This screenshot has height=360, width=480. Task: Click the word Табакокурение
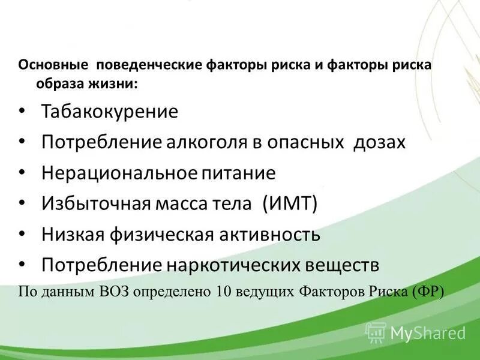[x=109, y=112]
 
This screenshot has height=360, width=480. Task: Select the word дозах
[x=379, y=143]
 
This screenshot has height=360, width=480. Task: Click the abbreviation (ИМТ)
[x=290, y=204]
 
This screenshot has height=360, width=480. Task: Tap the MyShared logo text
[x=428, y=332]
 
